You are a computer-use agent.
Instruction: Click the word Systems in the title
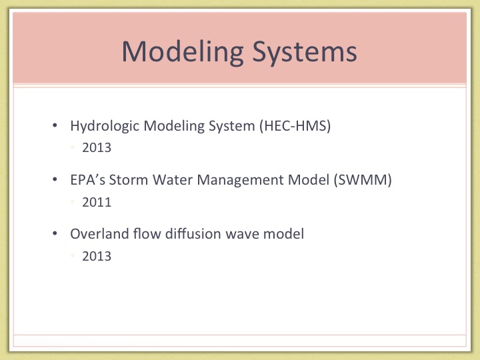pos(305,52)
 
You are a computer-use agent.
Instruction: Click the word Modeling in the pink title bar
pos(183,53)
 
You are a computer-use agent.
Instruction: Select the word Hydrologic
pos(105,126)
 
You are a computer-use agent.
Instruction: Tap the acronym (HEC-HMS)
pos(295,126)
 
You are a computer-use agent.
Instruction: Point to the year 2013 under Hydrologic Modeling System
pos(97,147)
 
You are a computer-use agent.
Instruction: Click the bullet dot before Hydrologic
pos(55,125)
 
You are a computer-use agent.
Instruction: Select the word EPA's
pos(88,180)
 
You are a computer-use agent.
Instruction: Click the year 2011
pos(97,202)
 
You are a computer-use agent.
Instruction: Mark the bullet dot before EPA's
pos(55,179)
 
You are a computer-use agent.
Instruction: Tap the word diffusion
pos(193,233)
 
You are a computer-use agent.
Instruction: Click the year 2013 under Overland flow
pos(97,256)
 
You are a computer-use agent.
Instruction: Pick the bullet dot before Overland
pos(55,233)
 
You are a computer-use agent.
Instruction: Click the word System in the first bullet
pos(232,126)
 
